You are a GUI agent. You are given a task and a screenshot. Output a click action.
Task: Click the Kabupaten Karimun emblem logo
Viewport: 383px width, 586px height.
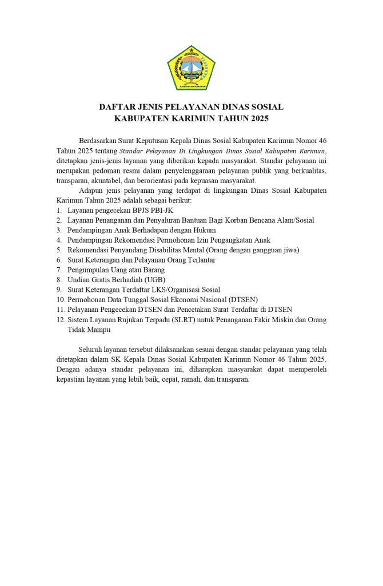[191, 68]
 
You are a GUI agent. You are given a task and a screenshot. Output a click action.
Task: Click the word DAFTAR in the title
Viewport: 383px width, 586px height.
[117, 107]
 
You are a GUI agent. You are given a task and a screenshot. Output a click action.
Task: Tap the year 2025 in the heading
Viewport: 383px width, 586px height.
[258, 118]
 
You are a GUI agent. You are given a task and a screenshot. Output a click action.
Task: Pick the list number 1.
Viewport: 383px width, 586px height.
[59, 211]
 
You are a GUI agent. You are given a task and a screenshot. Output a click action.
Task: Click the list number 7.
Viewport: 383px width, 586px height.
[59, 270]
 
